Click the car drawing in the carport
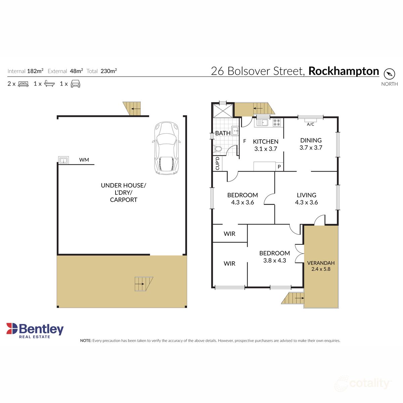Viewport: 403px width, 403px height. click(166, 148)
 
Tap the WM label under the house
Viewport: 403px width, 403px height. click(84, 160)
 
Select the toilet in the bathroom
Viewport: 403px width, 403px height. click(218, 149)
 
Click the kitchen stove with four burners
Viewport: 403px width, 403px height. click(277, 123)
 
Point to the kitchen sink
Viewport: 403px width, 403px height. click(262, 123)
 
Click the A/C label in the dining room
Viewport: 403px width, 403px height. click(311, 125)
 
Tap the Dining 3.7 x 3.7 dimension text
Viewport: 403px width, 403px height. click(311, 148)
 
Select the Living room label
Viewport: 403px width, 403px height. click(306, 195)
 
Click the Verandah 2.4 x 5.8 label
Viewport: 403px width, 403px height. click(321, 266)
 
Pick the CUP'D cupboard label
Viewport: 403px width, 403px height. click(217, 163)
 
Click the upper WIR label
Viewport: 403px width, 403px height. click(230, 234)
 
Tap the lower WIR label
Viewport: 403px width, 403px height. click(230, 264)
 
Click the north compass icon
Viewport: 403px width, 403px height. click(389, 74)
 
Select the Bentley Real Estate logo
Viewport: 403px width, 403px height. click(35, 330)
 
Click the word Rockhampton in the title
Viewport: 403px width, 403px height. click(344, 71)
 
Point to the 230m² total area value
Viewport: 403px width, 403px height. click(108, 71)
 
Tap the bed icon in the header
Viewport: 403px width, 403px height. click(23, 84)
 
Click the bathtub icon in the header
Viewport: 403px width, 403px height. click(49, 84)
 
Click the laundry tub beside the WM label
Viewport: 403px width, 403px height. click(63, 161)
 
